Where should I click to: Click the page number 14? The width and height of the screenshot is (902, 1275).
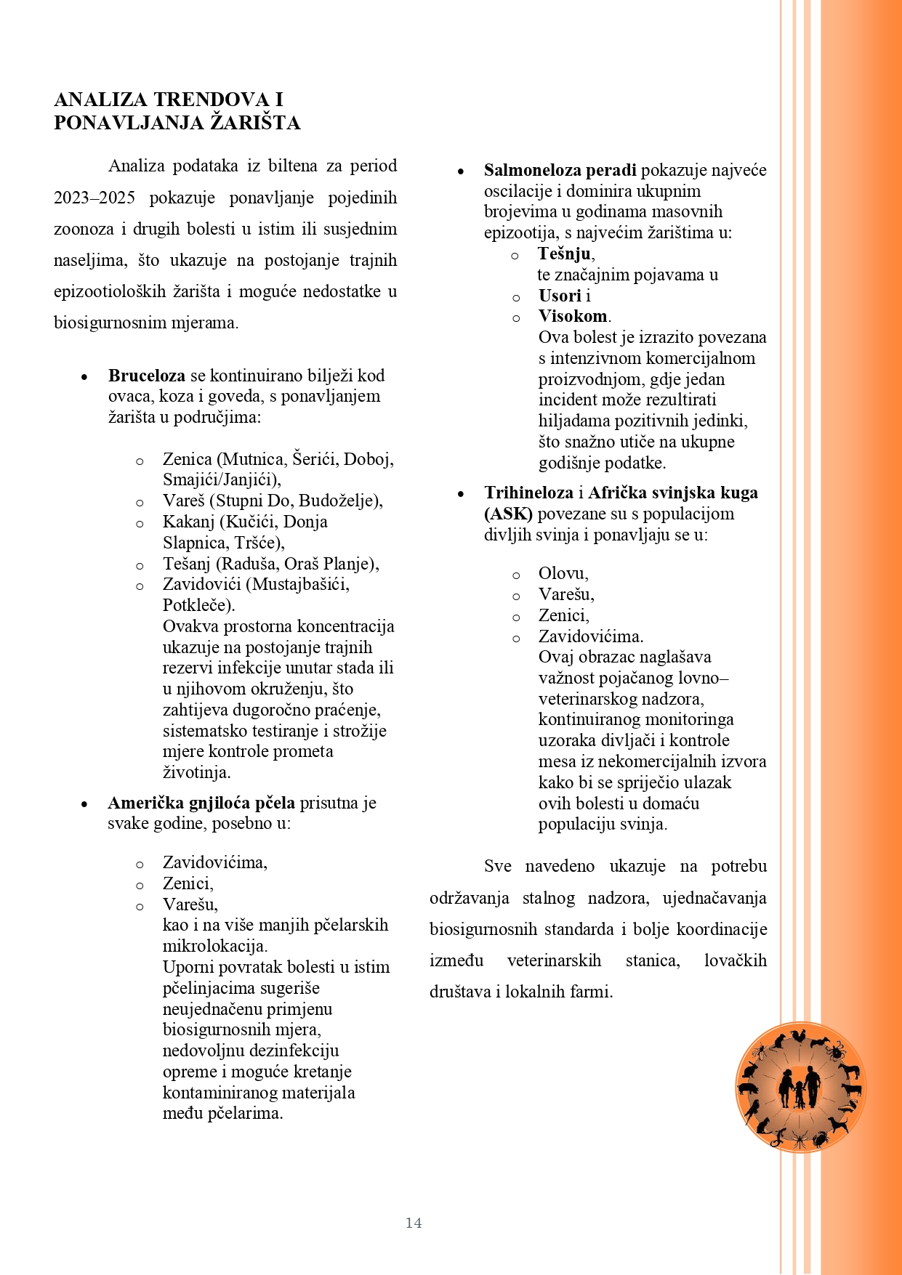click(x=414, y=1223)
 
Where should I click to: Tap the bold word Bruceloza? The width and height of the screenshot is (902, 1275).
click(x=147, y=376)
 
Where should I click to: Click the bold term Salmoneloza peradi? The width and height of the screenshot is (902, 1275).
click(x=560, y=170)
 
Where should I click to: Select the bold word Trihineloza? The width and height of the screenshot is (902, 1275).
click(x=529, y=493)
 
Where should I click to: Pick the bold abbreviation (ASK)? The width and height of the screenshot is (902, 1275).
click(x=508, y=514)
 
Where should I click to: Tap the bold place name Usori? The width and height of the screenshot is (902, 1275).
click(x=560, y=296)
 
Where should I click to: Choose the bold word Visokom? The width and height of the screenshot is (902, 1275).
click(x=573, y=316)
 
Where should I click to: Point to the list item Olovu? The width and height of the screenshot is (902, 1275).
click(x=563, y=573)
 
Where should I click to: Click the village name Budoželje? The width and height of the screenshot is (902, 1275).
click(x=338, y=501)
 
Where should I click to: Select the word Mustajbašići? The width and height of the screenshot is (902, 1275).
click(x=298, y=584)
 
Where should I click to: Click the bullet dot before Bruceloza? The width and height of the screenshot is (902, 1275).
click(x=84, y=377)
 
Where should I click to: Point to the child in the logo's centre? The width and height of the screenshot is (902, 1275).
click(x=799, y=1093)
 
